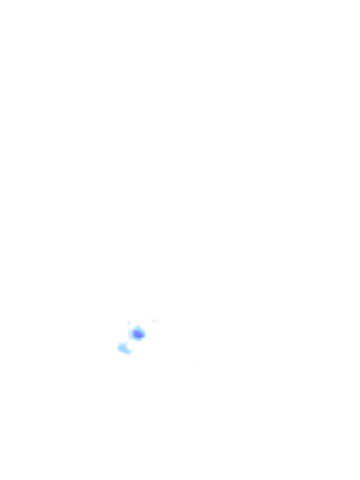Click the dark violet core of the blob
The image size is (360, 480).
138,334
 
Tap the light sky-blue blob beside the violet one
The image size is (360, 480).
124,348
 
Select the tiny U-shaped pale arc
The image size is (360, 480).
155,320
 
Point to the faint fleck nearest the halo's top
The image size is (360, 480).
130,323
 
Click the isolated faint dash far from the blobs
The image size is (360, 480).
195,366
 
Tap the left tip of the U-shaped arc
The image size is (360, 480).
152,319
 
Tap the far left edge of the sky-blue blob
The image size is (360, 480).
118,347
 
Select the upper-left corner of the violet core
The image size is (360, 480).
135,331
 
